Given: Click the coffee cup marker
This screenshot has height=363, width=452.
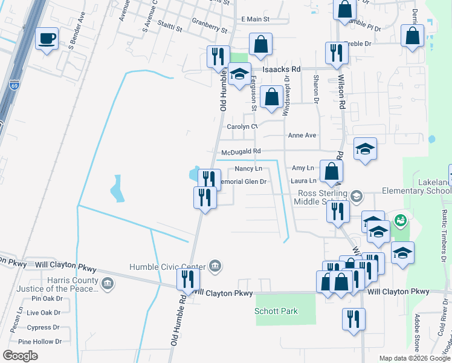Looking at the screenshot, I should click(47, 40).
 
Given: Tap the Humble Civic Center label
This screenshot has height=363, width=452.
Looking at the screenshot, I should click(167, 266).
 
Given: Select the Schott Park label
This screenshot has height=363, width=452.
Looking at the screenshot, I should click(276, 311).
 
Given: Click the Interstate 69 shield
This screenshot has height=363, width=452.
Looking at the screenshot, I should click(14, 87).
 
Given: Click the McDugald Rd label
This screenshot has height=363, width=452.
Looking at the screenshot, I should click(241, 152).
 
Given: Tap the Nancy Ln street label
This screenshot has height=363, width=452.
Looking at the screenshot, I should click(248, 168).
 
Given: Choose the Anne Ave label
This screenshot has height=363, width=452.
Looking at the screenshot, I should click(302, 136).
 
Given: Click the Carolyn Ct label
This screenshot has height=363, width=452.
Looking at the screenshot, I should click(242, 126).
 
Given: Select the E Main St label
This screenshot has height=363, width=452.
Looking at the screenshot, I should click(255, 19).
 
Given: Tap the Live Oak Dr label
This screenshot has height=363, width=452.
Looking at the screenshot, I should click(44, 313).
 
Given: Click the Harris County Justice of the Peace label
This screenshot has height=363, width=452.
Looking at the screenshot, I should click(73, 284).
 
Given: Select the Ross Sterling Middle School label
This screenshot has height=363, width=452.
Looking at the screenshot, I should click(323, 198).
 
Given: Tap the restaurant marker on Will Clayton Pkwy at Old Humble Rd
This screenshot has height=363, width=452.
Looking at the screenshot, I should click(187, 280).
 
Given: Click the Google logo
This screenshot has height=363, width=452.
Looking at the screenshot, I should click(20, 356).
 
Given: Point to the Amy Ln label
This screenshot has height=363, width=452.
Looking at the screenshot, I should click(303, 168).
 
